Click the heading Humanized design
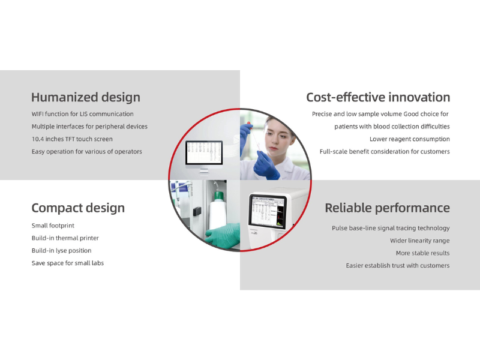point(85,97)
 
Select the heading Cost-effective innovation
point(377,97)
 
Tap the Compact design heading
point(78,208)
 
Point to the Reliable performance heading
point(387,208)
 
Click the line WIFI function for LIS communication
point(82,114)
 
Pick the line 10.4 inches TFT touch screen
point(72,139)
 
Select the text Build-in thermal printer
point(65,238)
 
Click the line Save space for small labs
point(67,263)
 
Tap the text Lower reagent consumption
point(409,139)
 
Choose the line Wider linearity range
point(419,241)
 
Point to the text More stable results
point(422,253)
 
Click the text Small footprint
point(53,226)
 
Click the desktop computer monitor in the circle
point(203,154)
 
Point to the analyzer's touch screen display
point(267,216)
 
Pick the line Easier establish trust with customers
point(397,266)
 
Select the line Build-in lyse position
point(61,251)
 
